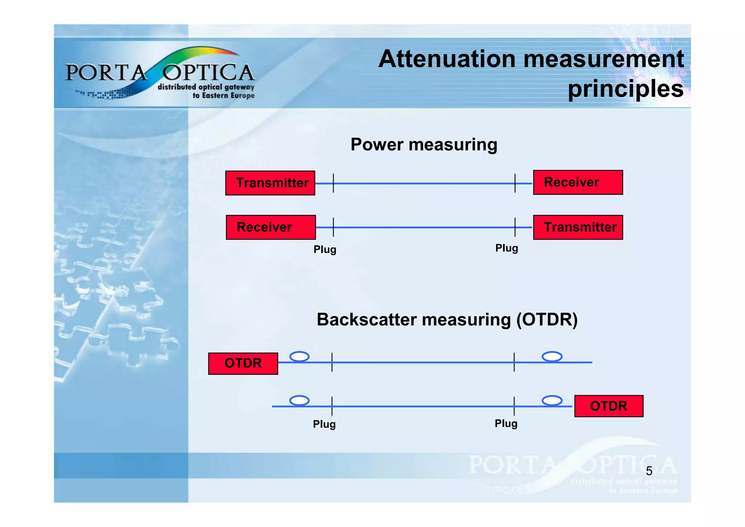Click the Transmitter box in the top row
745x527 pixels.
click(x=270, y=183)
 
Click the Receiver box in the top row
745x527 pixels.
click(x=578, y=182)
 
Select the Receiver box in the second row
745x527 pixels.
click(x=271, y=227)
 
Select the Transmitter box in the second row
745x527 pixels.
click(x=578, y=227)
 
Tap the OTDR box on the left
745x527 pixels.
click(x=243, y=363)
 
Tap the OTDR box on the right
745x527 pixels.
click(x=609, y=406)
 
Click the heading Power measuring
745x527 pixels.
click(x=424, y=145)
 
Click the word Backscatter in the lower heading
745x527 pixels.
click(x=367, y=320)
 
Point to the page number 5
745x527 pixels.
click(x=649, y=471)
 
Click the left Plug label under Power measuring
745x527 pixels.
click(x=325, y=250)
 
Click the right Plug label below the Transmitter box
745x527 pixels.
click(x=506, y=248)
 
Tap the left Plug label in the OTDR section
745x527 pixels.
click(x=324, y=424)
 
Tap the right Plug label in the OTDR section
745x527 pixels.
click(x=506, y=424)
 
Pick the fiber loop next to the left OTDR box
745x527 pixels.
click(x=299, y=357)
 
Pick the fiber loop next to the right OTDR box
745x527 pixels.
click(x=552, y=401)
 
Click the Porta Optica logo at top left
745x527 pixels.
click(x=160, y=73)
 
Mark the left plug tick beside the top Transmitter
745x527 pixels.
click(x=333, y=183)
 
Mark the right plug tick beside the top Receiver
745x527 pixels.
click(x=515, y=183)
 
